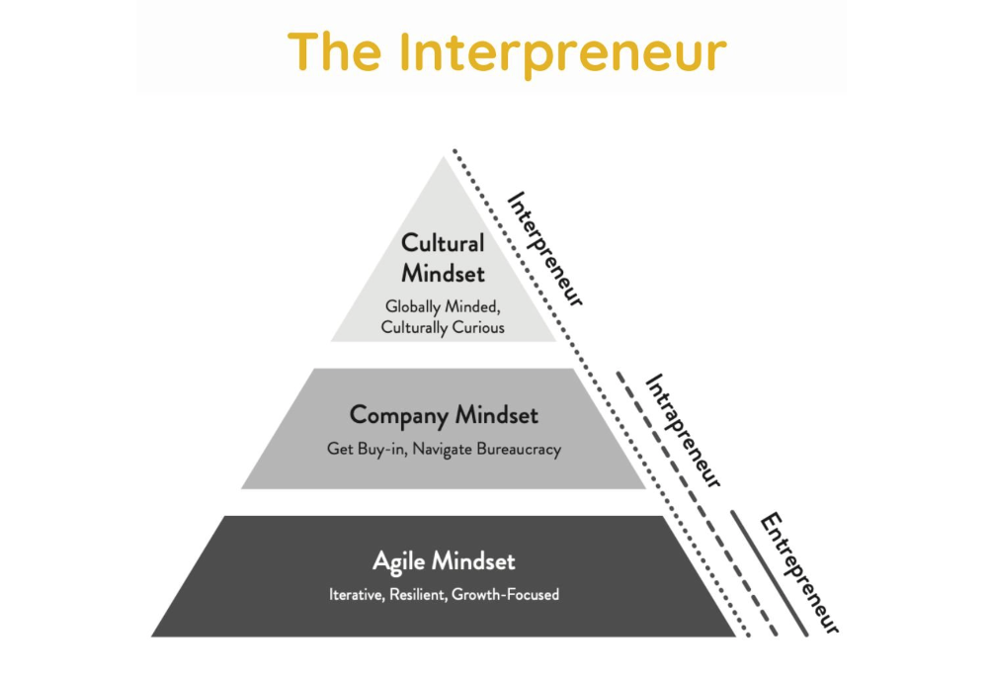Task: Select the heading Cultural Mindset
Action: coord(443,258)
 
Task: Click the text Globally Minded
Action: coord(443,307)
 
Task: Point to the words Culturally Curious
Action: coord(443,327)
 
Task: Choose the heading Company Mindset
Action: coord(444,415)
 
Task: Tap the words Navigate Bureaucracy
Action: coord(487,449)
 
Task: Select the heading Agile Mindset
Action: coord(444,561)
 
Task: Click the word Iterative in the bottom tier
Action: coord(356,595)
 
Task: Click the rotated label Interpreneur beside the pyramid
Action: coord(545,248)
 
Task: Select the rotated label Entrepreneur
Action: coord(798,571)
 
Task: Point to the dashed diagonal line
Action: coord(692,494)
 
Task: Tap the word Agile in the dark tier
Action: coord(398,561)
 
